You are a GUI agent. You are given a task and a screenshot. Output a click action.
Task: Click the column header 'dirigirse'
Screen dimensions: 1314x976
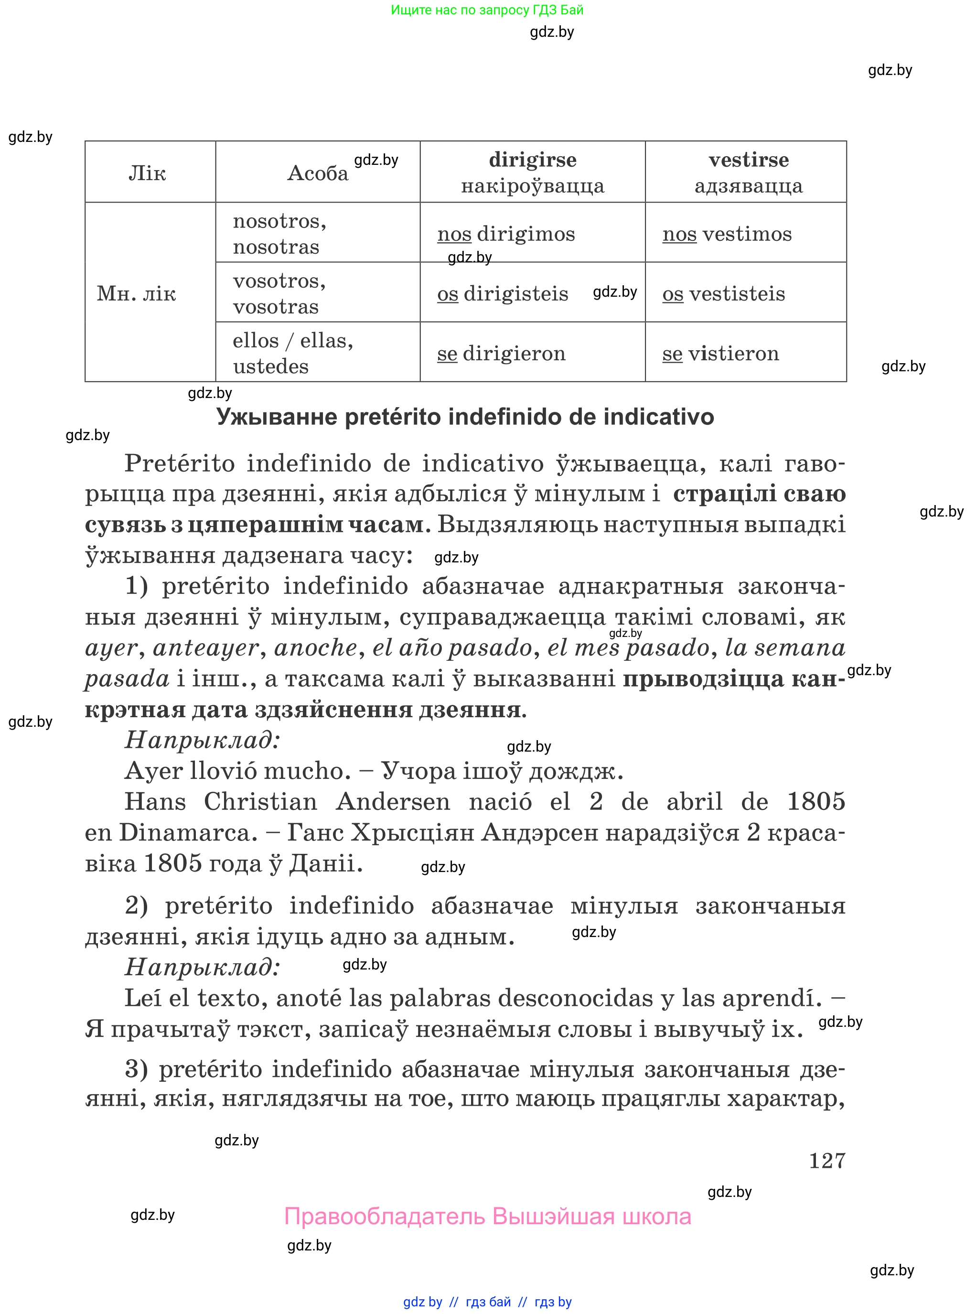pos(532,160)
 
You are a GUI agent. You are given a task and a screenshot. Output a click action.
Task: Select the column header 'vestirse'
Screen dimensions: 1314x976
pos(748,160)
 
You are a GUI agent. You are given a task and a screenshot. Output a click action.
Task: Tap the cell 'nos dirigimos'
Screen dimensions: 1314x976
pos(506,234)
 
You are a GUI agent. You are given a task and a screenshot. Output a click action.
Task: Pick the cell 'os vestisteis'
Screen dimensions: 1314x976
pos(724,294)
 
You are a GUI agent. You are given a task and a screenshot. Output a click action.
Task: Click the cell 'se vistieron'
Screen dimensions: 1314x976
pos(720,353)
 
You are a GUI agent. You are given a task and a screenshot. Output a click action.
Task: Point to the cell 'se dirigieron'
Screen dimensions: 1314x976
pos(501,353)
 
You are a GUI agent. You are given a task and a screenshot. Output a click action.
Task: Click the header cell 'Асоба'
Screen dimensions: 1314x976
pos(317,173)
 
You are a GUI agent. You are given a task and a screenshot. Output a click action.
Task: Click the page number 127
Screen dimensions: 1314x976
pos(826,1161)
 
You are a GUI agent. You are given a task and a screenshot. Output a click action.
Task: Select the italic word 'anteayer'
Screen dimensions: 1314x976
pos(205,647)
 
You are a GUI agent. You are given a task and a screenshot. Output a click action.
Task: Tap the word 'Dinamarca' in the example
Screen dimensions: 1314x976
pos(188,832)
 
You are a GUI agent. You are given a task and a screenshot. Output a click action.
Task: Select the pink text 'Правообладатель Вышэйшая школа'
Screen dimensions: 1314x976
pos(487,1217)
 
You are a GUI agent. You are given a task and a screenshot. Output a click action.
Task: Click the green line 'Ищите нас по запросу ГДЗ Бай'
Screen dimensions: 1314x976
pos(487,10)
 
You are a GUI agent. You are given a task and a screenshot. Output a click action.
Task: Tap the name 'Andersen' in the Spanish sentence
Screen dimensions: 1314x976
pos(393,802)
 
